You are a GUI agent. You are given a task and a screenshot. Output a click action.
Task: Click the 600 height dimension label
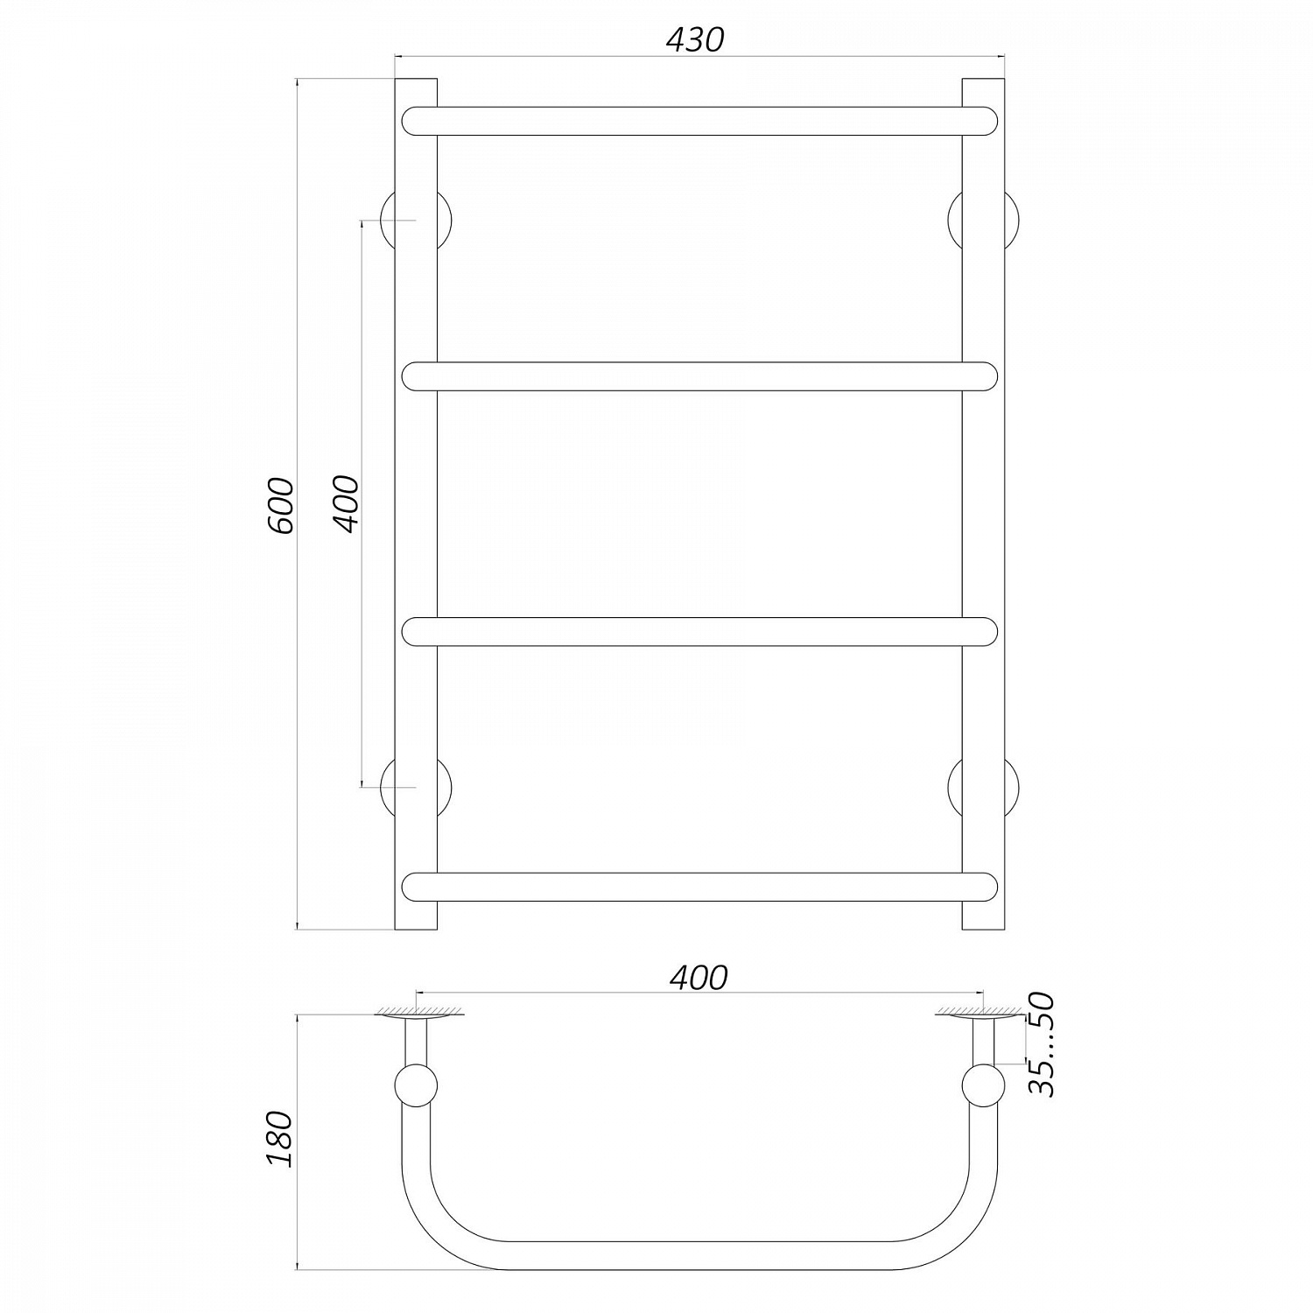pyautogui.click(x=280, y=506)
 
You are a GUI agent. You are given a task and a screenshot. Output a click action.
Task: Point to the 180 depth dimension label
pyautogui.click(x=280, y=1138)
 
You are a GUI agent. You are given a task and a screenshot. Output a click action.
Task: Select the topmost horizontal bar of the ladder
pyautogui.click(x=699, y=121)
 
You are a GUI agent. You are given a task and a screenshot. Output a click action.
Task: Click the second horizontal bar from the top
pyautogui.click(x=699, y=376)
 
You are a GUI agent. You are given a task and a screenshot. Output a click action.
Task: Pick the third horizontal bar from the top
pyautogui.click(x=699, y=632)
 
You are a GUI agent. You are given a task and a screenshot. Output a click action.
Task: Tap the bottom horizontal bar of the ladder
pyautogui.click(x=699, y=887)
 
